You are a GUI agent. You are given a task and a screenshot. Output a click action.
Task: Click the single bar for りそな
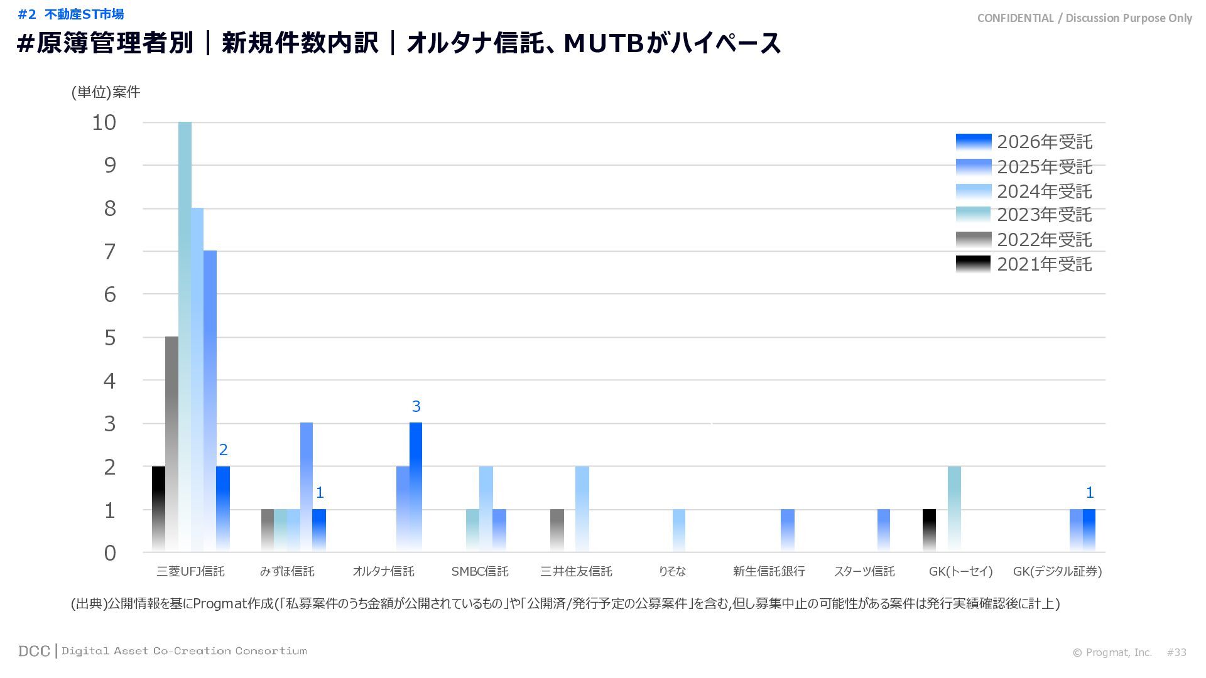[x=679, y=530]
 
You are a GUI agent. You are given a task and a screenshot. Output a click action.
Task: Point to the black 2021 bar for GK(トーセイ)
[x=929, y=530]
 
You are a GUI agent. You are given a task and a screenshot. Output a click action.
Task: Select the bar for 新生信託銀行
[x=788, y=530]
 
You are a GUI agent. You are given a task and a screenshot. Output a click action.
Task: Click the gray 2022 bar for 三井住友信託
[x=557, y=530]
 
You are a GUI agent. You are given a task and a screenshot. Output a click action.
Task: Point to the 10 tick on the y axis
[x=104, y=122]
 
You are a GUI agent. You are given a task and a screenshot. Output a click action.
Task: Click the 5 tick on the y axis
[x=110, y=338]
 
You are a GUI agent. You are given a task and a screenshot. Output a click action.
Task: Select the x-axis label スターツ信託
[x=864, y=571]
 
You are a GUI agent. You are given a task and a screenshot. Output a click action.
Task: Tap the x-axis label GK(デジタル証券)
[x=1057, y=571]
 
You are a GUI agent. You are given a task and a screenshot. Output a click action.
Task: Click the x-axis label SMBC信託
[x=480, y=571]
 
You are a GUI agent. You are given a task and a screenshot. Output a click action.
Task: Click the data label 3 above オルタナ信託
[x=416, y=407]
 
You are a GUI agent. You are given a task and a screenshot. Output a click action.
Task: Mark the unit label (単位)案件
[x=106, y=92]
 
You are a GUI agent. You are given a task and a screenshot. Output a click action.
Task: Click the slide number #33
[x=1176, y=652]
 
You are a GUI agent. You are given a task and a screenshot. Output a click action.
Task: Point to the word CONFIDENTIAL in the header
[x=1015, y=18]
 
